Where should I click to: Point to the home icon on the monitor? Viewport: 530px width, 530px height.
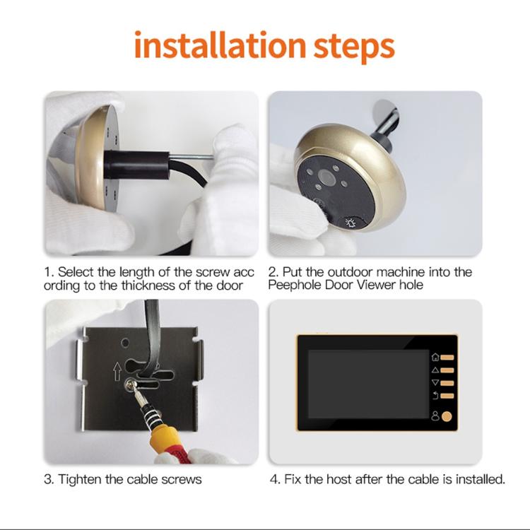pos(435,358)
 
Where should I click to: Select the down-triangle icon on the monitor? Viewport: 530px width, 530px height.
pos(435,383)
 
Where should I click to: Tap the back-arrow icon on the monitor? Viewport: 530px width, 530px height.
pos(435,396)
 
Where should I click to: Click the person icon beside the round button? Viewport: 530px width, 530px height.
pos(435,416)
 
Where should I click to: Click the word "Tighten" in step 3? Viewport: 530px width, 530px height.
pos(81,479)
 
